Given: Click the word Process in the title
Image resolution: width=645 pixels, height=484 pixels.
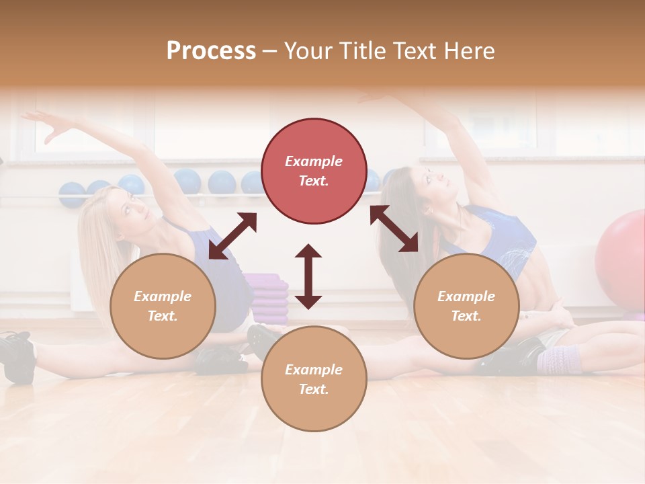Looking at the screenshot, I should [211, 51].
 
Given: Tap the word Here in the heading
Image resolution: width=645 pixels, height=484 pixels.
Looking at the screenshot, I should [468, 51].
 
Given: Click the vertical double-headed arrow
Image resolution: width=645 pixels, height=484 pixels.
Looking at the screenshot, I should [308, 276].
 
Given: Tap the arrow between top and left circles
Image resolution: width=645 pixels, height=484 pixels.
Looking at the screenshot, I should [232, 236].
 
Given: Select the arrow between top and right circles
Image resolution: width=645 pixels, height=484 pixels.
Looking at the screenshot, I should [394, 229].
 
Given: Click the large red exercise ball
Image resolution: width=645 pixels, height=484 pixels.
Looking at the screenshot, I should [621, 259].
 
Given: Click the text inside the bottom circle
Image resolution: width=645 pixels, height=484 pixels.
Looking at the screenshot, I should [314, 379].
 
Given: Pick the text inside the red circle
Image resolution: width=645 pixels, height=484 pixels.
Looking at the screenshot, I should [314, 171].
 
